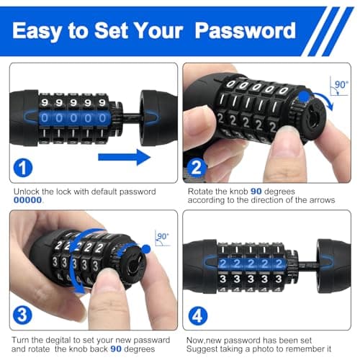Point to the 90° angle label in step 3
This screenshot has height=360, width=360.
pyautogui.click(x=163, y=236)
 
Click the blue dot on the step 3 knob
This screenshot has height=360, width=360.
pyautogui.click(x=146, y=248)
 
